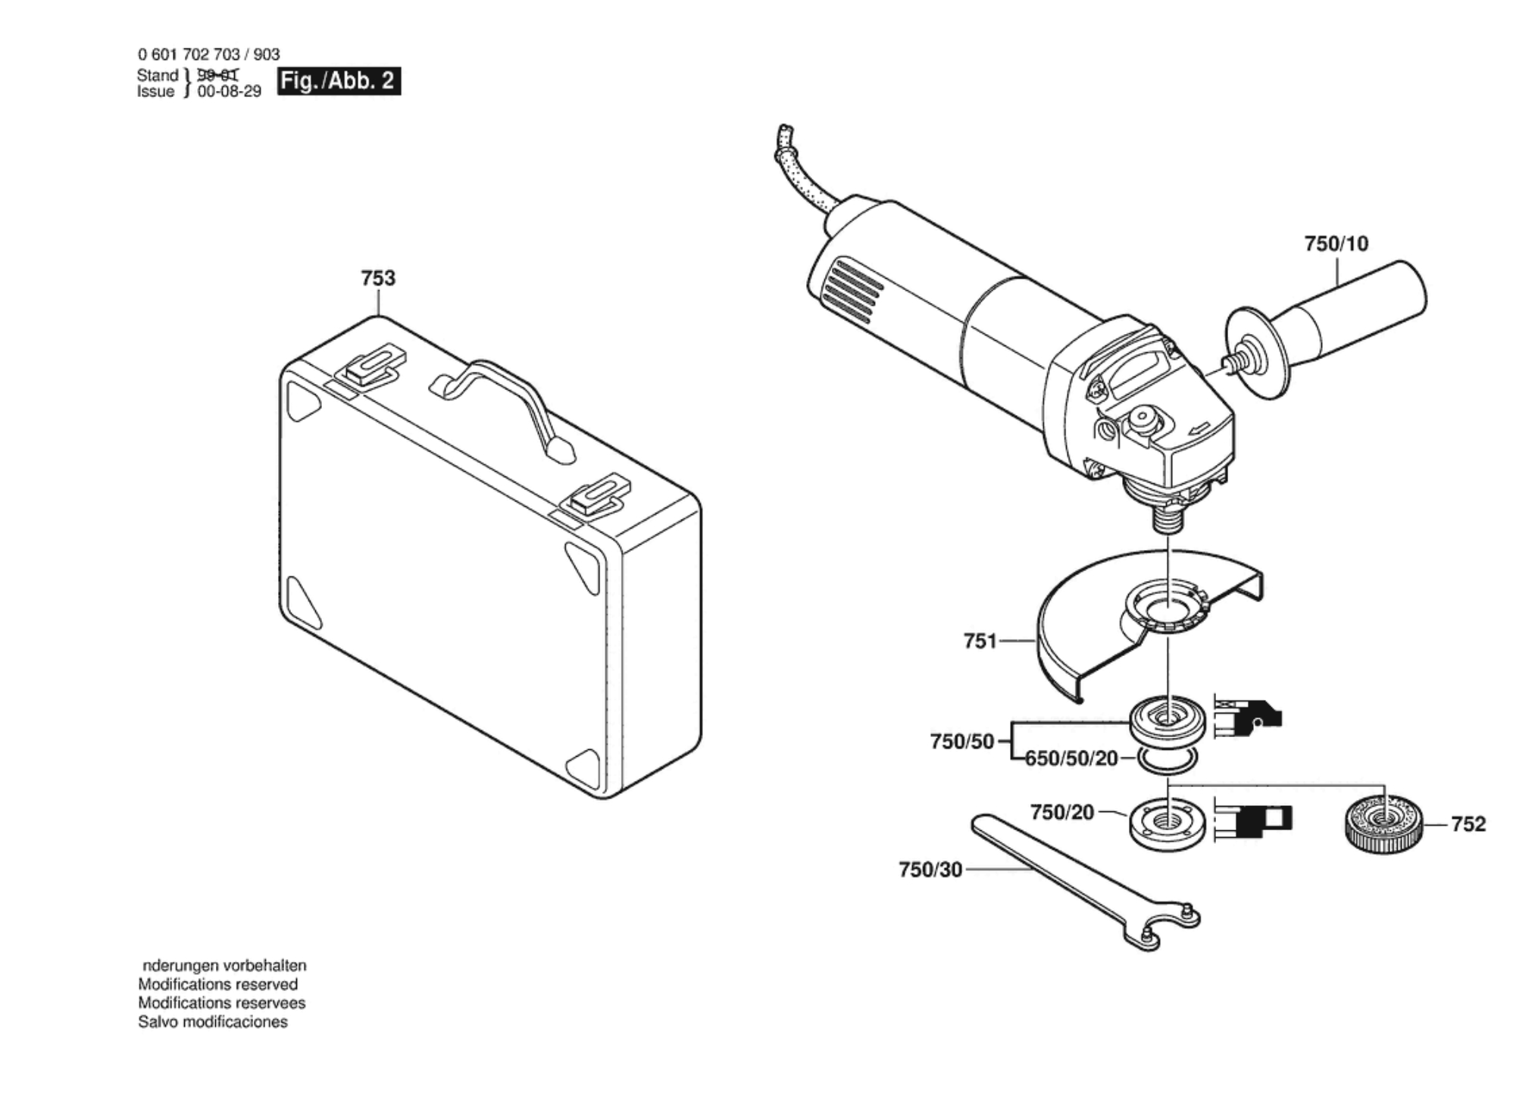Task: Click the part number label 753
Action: [378, 279]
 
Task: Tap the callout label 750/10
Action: [1336, 244]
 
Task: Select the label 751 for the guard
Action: [980, 642]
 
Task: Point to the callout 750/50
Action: [961, 742]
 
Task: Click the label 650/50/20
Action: [1071, 758]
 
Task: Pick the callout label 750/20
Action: [1061, 813]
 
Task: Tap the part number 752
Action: [1468, 824]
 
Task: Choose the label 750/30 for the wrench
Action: [930, 870]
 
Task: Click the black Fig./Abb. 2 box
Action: [339, 81]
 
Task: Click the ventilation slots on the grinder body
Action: [855, 290]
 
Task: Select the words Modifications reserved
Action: [217, 985]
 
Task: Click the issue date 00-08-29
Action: [229, 92]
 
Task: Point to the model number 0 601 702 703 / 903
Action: [208, 55]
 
